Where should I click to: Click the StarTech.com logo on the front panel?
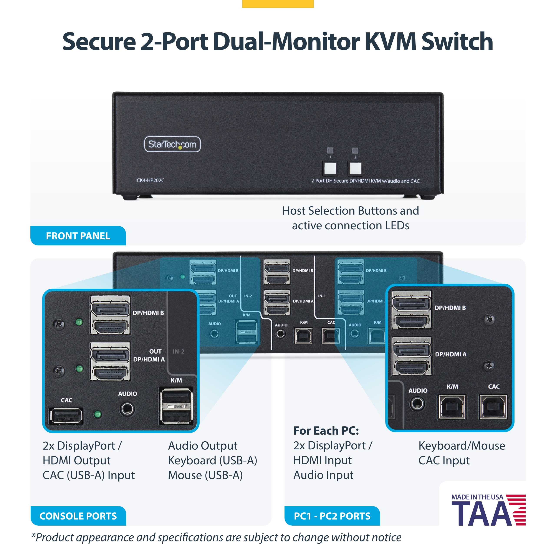click(x=172, y=144)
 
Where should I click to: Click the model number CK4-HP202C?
click(x=150, y=180)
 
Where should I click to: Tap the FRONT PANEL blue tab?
click(x=78, y=236)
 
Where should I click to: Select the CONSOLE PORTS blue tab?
click(x=78, y=516)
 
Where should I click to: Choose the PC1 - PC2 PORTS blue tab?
click(x=332, y=516)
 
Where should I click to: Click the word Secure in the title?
click(x=99, y=41)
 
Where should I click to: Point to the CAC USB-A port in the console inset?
click(x=66, y=416)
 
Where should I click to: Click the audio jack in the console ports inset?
click(x=127, y=409)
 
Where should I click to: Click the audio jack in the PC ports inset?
click(x=417, y=404)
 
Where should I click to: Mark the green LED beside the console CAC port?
click(x=98, y=414)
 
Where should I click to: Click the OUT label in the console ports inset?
click(x=155, y=351)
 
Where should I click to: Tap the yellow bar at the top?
click(x=278, y=3)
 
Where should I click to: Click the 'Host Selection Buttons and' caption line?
click(x=350, y=211)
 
